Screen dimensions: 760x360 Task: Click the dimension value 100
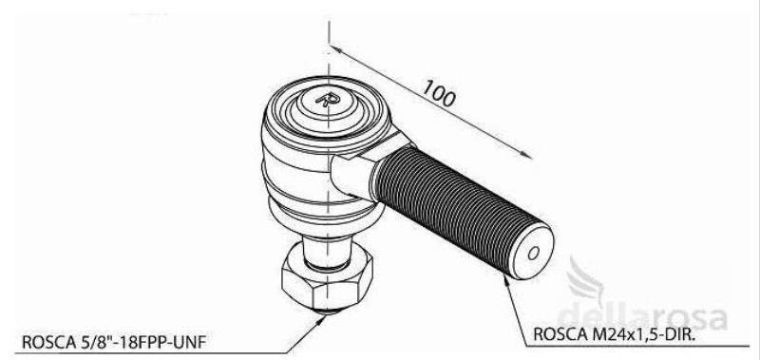(x=439, y=93)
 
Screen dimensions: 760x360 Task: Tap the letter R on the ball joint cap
(x=329, y=100)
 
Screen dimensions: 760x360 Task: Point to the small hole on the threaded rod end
(x=534, y=253)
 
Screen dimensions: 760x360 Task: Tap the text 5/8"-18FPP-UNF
(x=142, y=343)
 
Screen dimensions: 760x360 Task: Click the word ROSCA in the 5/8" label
(x=47, y=343)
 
